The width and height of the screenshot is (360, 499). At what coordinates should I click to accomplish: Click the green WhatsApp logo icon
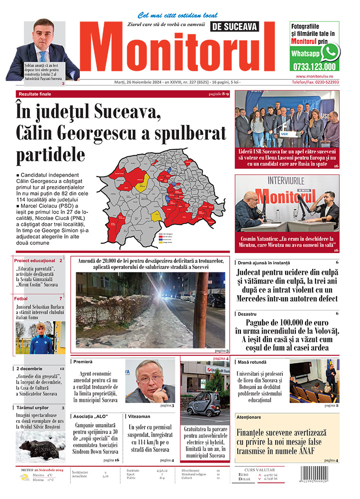pyautogui.click(x=330, y=52)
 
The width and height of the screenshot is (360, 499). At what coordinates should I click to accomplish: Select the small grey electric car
pyautogui.click(x=203, y=403)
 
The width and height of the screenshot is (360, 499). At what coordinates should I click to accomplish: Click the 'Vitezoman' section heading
pyautogui.click(x=139, y=416)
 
